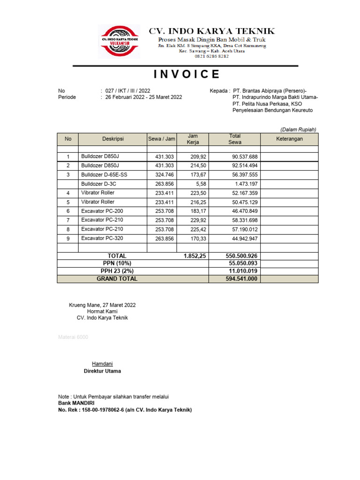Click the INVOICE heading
coord(186,74)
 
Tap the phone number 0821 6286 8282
coord(211,56)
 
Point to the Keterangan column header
coord(289,139)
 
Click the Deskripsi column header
coord(112,139)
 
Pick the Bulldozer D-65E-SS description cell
coord(104,174)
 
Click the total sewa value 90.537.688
coord(245,157)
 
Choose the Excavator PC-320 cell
coord(102,238)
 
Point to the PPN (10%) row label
coord(117,264)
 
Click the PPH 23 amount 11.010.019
coord(243,271)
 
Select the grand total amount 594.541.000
coord(242,279)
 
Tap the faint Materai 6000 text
coord(73,337)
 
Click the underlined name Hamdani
coord(102,364)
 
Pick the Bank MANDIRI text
coord(76,403)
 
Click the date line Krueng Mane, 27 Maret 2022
coord(102,305)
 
